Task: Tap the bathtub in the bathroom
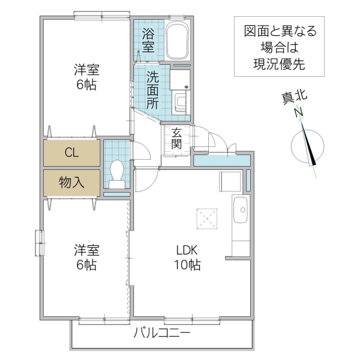pos(177,40)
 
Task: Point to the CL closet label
pos(71,152)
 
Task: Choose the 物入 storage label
pos(71,182)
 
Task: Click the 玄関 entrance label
pos(176,139)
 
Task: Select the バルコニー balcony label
pos(162,332)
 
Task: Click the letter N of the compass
pos(298,112)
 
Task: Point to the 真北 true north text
pos(295,98)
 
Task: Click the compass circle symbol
pos(306,147)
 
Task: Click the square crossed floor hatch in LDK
pos(206,217)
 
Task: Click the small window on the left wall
pos(39,244)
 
